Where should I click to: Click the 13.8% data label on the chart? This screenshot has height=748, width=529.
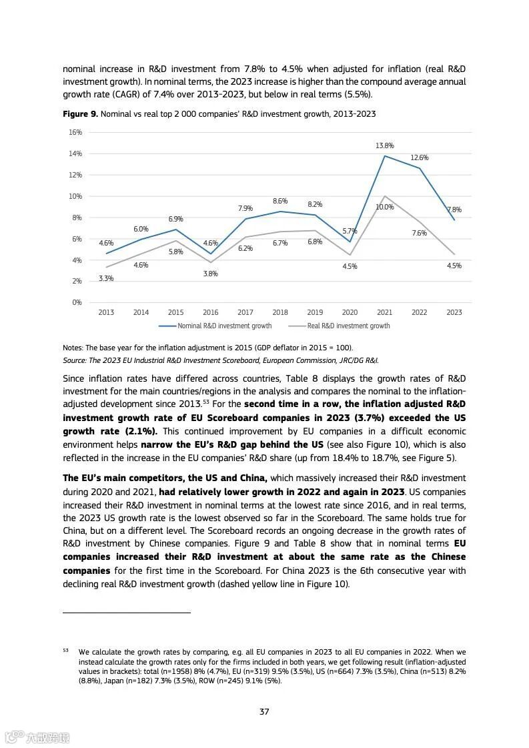pos(384,145)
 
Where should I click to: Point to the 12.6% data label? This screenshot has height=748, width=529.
pos(419,158)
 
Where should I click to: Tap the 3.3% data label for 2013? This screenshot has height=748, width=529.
pos(106,278)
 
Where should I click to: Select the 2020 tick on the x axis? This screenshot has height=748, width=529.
pos(350,312)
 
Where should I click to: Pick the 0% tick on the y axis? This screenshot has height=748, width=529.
pos(77,302)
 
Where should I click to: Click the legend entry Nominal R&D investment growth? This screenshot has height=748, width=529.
pos(224,326)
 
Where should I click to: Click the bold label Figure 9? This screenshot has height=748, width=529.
pos(80,114)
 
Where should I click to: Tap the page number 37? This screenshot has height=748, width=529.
pos(264,712)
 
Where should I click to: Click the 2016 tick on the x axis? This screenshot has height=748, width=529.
pos(210,312)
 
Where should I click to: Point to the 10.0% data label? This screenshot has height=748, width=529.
pos(384,208)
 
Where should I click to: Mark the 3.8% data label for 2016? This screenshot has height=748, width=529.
pos(210,274)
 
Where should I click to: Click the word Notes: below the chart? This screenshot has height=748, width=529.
pos(73,348)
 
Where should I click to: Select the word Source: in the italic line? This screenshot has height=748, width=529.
pos(75,360)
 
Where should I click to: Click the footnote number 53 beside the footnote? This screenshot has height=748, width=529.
pos(66,650)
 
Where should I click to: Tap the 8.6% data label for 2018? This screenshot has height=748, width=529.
pos(280,201)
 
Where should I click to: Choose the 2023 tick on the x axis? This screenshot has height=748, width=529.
pos(454,312)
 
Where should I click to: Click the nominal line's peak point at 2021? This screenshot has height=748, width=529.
pos(385,156)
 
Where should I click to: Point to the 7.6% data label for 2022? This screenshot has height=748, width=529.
pos(419,233)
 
